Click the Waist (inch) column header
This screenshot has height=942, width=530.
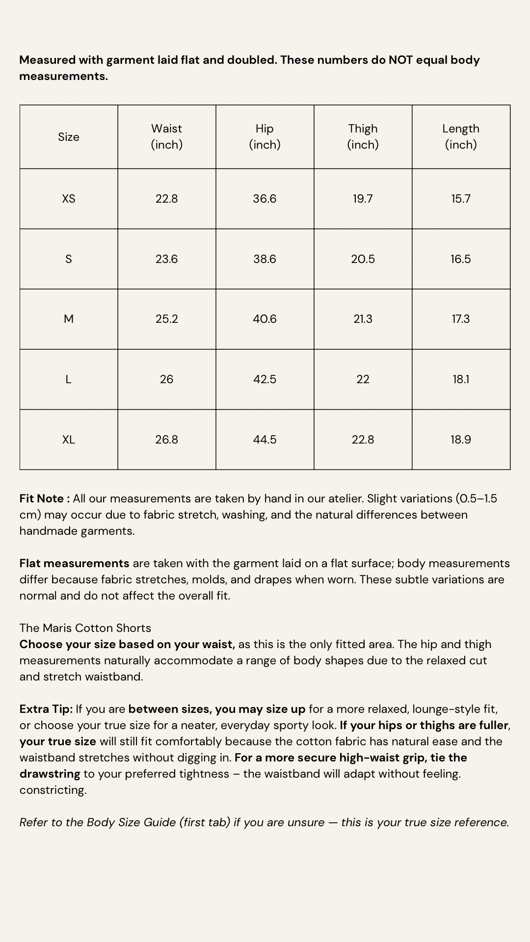[166, 136]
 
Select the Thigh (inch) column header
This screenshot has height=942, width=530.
[363, 136]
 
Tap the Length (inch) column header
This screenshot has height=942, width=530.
[461, 136]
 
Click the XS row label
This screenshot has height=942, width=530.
[69, 199]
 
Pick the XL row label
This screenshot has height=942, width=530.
[69, 440]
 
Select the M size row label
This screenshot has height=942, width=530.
[69, 319]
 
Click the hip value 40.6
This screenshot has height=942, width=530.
[265, 319]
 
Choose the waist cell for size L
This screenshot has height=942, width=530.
[166, 379]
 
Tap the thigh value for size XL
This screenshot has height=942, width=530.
[363, 440]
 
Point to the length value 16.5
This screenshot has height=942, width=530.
[461, 259]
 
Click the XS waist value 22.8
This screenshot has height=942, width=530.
[166, 199]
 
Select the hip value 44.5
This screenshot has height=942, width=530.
[265, 440]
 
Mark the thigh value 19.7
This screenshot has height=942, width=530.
[363, 199]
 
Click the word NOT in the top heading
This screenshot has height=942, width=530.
[401, 60]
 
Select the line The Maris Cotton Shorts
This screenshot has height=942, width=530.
[85, 628]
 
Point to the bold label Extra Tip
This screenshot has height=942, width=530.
[46, 709]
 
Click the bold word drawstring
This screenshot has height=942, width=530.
[50, 774]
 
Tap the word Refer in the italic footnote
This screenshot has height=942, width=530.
[33, 822]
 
